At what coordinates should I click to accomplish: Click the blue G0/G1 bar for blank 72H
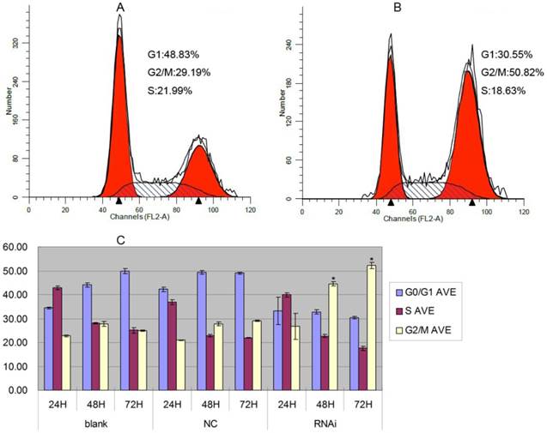[125, 330]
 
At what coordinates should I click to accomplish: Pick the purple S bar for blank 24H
[58, 338]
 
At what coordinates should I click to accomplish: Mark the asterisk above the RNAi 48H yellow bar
[331, 279]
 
